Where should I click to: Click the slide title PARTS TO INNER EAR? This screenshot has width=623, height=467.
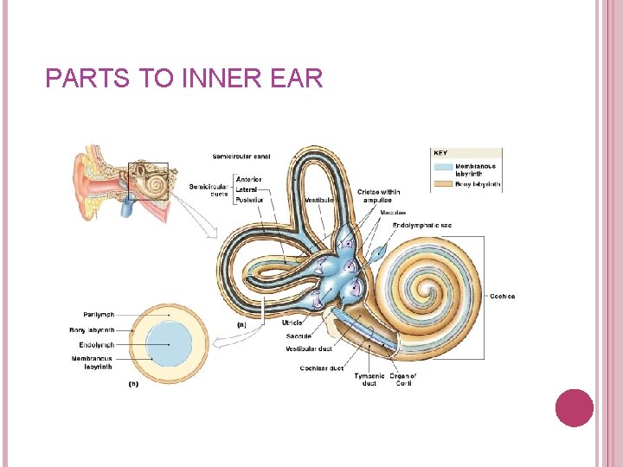pos(183,80)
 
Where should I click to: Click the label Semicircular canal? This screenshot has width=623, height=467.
pos(241,157)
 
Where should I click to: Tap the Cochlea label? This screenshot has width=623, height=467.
pos(502,297)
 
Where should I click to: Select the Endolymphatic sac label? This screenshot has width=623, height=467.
pos(421,225)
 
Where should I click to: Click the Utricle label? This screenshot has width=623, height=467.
pos(292,323)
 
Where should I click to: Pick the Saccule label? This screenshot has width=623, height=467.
pos(299,336)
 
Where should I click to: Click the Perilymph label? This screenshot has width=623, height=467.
pos(100,315)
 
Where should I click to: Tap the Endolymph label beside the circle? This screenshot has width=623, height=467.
pos(97,345)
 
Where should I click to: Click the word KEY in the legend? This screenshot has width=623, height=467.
pos(441,153)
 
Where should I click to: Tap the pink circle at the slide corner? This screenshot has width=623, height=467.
pos(574,407)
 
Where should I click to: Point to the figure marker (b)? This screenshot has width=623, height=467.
pos(133,383)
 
